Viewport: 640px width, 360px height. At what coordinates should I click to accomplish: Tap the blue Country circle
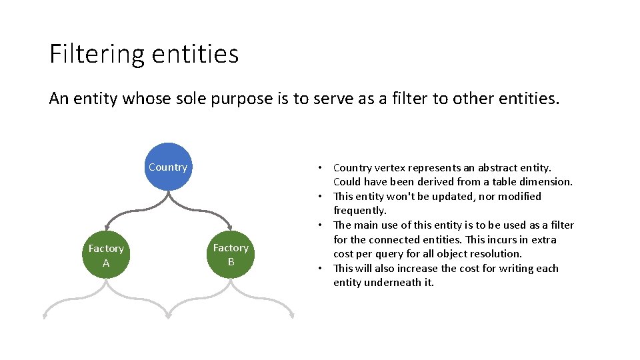[x=168, y=167]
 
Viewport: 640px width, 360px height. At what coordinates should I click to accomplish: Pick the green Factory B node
[x=231, y=255]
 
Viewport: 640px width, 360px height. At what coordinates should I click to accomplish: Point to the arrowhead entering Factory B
[x=231, y=227]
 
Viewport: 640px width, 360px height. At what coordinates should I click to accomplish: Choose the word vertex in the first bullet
[x=391, y=167]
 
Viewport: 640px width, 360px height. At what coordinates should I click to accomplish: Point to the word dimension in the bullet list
[x=547, y=181]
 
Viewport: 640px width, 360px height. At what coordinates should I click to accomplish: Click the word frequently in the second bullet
[x=359, y=211]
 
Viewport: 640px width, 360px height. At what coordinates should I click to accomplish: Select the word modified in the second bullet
[x=518, y=196]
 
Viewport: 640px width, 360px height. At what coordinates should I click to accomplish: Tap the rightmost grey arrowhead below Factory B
[x=291, y=315]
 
